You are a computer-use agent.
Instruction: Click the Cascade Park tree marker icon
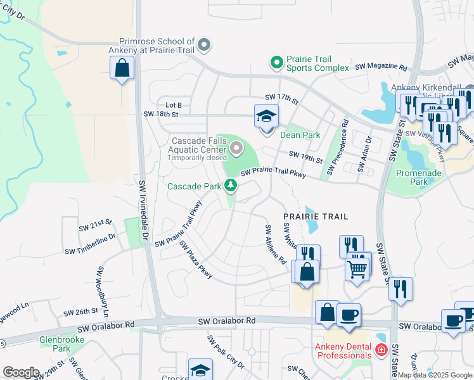231,186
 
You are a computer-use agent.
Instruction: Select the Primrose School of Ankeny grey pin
203,45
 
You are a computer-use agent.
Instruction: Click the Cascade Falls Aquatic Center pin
237,149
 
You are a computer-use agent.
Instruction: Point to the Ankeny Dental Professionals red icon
381,349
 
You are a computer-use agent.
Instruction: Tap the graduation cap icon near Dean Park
267,117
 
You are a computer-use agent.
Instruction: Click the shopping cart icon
357,269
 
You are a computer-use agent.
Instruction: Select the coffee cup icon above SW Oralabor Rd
348,314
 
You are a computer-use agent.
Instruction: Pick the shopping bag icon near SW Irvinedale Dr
122,68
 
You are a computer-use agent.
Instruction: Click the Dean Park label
300,135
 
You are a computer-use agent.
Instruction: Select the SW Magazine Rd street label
381,66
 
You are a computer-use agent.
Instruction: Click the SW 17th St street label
281,97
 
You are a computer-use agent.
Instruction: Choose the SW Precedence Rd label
338,148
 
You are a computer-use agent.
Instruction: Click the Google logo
21,372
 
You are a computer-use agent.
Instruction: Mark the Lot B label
174,105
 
